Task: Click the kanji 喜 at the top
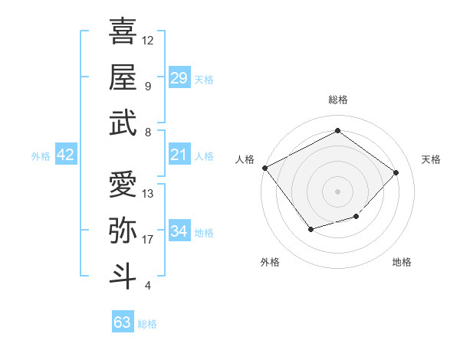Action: tap(123, 31)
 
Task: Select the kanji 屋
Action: tap(123, 77)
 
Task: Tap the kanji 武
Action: tap(123, 123)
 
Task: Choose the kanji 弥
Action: tap(123, 231)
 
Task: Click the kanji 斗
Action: tap(123, 277)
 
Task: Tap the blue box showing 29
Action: tap(179, 77)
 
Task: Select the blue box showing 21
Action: tap(179, 155)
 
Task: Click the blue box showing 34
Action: tap(179, 231)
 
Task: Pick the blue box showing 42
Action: tap(66, 155)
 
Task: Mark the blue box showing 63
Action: tap(122, 322)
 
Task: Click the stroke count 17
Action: tap(148, 240)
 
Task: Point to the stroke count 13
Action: tap(148, 194)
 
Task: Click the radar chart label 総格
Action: tap(337, 100)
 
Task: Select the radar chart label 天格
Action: tap(432, 159)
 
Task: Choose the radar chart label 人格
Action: tap(245, 159)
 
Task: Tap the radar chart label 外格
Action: tap(270, 263)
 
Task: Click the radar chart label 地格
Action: tap(402, 263)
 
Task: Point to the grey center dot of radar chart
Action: tap(337, 191)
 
